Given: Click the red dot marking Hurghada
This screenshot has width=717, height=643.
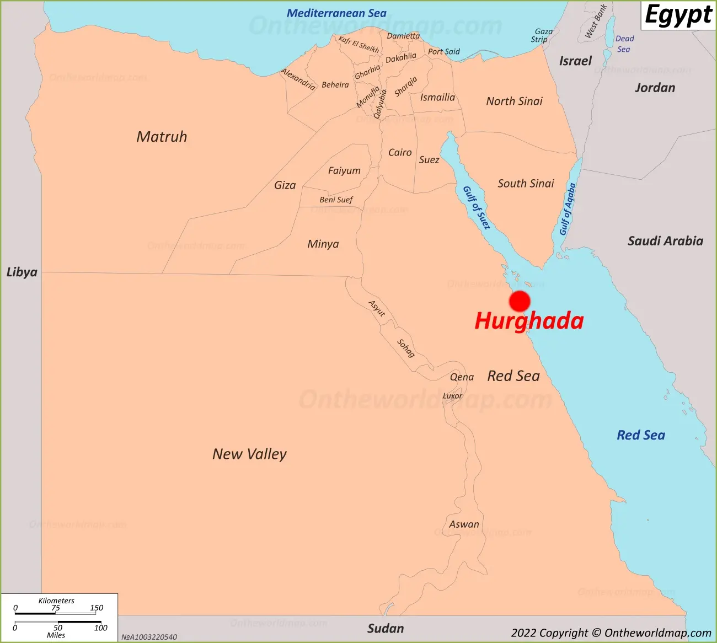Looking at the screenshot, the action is pos(520,302).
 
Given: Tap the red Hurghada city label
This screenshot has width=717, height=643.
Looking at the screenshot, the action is pos(529,321).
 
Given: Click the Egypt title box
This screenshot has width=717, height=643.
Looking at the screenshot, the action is pos(678,15).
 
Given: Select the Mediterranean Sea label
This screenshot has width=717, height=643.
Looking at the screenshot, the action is pos(336,13).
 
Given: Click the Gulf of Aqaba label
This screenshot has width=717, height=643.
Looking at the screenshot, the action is pos(568,209).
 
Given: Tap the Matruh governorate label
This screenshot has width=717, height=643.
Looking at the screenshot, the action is pos(162,137).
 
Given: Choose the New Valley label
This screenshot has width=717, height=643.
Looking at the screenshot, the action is pos(249,454).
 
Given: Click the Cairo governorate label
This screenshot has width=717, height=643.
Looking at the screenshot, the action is pos(400,152).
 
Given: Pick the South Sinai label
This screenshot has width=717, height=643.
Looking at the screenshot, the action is pos(526,184).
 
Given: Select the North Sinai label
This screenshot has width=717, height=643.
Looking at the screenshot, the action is pos(514,101).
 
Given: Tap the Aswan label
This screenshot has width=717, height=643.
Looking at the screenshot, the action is pos(464,524).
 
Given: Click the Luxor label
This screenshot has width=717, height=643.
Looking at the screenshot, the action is pos(452,396).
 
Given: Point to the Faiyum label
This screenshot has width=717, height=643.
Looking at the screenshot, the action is pos(344,171).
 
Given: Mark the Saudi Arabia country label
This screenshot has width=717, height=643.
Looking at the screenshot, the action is pos(665,241).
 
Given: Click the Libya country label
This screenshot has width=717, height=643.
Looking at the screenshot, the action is pos(22,272).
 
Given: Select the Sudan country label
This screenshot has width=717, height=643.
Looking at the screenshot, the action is pos(386,629).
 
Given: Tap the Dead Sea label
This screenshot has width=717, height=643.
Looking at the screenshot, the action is pos(624,44).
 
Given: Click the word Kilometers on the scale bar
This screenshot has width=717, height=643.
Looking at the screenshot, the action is pos(56,601).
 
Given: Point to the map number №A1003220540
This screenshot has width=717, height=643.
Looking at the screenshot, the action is pos(149,637).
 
